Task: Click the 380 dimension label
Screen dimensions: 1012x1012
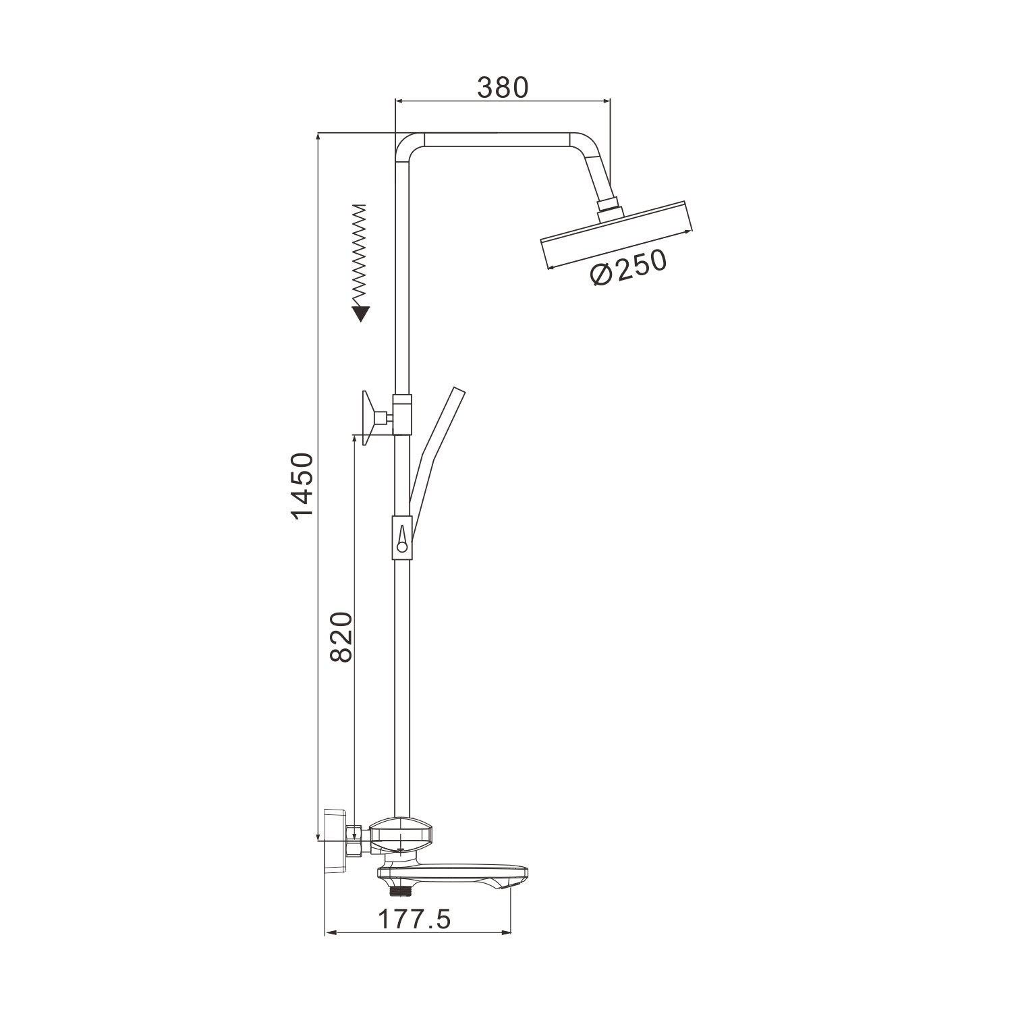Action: click(x=503, y=87)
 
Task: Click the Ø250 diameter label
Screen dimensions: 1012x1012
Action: click(x=627, y=267)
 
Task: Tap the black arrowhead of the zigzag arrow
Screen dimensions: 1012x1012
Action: click(x=361, y=314)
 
